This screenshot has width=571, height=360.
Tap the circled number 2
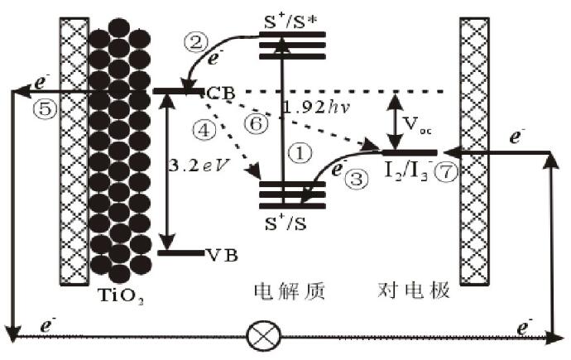click(x=198, y=41)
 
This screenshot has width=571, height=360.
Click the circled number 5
click(x=24, y=107)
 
